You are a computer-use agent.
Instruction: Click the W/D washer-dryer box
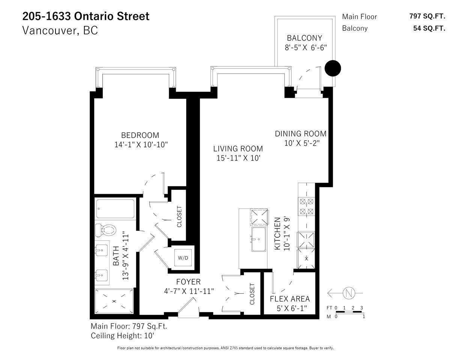183,258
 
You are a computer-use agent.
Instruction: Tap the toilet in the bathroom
105,230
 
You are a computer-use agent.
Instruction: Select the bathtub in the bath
115,209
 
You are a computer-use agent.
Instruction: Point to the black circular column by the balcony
332,68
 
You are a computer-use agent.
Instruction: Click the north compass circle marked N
349,293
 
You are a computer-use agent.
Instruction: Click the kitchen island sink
259,239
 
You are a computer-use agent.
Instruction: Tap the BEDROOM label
140,135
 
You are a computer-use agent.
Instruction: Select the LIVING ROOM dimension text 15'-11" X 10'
238,158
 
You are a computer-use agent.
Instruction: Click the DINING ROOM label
301,134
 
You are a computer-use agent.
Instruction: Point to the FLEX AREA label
290,299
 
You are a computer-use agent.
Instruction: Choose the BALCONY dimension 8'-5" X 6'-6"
305,48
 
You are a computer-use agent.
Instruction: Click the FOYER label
188,282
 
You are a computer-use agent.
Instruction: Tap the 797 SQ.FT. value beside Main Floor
427,16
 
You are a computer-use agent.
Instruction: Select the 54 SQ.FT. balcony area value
429,28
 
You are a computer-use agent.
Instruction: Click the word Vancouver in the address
50,30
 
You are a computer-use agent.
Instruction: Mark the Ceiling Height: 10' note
122,336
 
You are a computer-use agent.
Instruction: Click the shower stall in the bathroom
114,301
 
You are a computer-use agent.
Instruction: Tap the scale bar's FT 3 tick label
362,308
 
